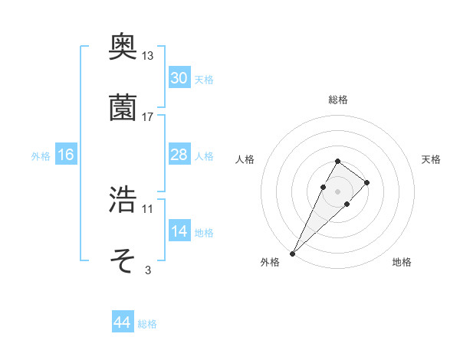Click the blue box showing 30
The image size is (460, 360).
tap(179, 77)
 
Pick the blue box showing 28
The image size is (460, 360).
tap(179, 155)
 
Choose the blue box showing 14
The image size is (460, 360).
tap(179, 231)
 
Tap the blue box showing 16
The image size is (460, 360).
tap(66, 155)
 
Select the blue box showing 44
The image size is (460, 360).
tap(122, 322)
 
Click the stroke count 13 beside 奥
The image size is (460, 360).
tap(148, 56)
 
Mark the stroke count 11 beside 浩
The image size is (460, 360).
tap(148, 208)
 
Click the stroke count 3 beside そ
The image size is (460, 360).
tap(148, 270)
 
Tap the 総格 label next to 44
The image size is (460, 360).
tap(147, 324)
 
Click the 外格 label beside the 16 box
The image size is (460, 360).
tap(41, 155)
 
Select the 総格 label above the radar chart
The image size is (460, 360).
tap(338, 100)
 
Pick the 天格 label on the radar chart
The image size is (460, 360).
tap(432, 159)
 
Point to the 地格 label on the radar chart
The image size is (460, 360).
tap(402, 262)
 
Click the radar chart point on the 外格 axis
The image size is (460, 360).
tap(293, 253)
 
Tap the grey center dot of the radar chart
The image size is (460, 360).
tap(337, 190)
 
